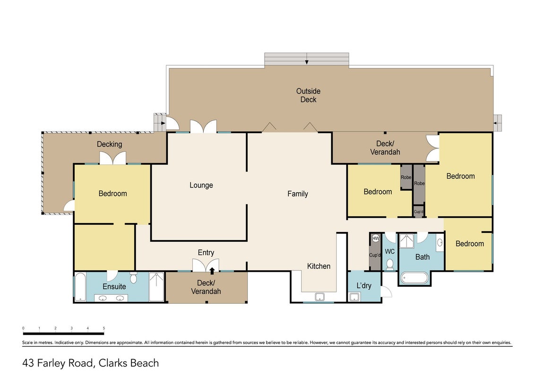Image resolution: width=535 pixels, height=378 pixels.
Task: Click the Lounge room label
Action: (201, 185)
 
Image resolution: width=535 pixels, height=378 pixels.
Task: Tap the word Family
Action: (298, 194)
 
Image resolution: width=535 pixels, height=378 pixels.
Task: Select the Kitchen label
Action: (319, 266)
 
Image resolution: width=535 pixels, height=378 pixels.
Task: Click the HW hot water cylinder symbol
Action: (376, 239)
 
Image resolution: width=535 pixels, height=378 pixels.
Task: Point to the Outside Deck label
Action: (309, 95)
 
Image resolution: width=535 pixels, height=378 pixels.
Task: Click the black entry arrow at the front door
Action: (212, 271)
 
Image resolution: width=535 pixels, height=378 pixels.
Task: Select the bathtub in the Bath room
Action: (414, 278)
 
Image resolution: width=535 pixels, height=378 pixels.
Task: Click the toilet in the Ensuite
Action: (133, 278)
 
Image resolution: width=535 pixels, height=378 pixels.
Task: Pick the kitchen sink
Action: (319, 297)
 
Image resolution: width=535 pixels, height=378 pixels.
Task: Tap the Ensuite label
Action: (114, 286)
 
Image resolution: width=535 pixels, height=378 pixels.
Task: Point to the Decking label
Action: (110, 144)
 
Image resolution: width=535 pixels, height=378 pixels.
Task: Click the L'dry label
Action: (364, 285)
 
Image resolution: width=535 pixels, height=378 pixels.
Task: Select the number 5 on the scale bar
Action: (104, 328)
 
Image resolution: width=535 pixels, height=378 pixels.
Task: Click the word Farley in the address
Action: (52, 363)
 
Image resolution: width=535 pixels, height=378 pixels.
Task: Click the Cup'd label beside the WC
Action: (375, 255)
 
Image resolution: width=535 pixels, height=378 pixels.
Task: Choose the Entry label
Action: (206, 253)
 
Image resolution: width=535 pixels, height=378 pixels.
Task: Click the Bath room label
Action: (423, 257)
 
